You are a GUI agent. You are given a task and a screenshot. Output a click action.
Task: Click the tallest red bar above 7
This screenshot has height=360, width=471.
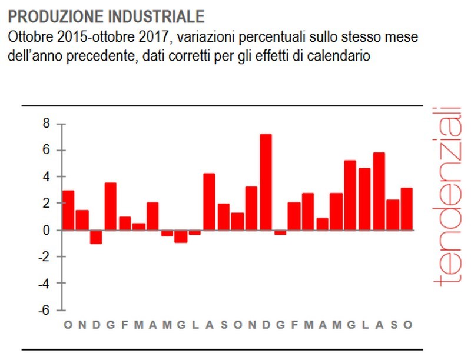[266, 182]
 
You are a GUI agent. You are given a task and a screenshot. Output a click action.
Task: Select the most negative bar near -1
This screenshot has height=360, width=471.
[96, 236]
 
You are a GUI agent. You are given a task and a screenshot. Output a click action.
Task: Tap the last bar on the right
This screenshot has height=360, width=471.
[407, 209]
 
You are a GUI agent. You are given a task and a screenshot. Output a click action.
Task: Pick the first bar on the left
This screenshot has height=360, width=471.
[68, 210]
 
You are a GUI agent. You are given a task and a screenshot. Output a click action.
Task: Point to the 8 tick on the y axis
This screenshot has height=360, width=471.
[45, 124]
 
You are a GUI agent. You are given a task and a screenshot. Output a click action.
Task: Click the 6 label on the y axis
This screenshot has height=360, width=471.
[45, 151]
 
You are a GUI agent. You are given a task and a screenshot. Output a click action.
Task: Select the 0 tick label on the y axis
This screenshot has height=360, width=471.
[45, 230]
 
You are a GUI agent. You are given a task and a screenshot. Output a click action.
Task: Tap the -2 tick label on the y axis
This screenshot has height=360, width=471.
[42, 257]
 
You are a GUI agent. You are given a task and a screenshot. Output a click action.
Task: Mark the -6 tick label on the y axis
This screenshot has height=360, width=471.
[42, 310]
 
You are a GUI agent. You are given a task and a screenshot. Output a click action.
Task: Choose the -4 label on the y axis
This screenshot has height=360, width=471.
[42, 284]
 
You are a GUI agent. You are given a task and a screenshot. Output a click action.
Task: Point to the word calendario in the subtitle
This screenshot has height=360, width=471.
[344, 56]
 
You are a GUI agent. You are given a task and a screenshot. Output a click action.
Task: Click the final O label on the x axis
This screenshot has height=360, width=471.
[407, 325]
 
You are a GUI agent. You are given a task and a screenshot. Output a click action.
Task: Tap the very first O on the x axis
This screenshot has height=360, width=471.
[68, 325]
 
